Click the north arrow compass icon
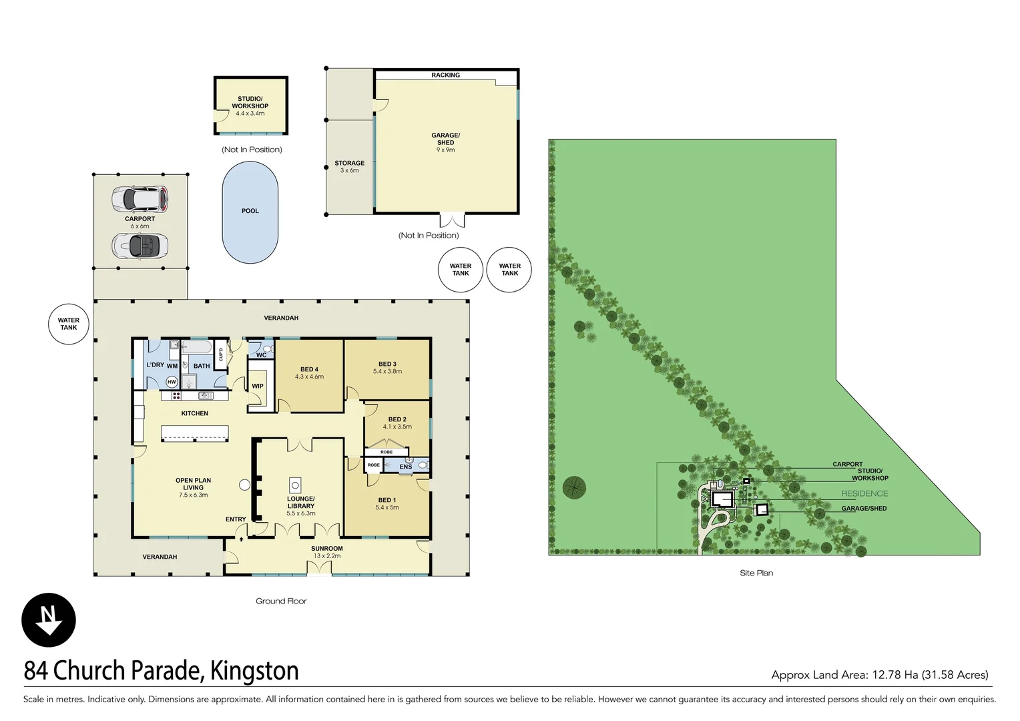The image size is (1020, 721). coord(49,620)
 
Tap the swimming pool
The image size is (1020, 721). coord(250,212)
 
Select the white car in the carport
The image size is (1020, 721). coord(140,198)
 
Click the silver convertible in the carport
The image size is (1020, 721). coord(140,246)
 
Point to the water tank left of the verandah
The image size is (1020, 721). coord(69,324)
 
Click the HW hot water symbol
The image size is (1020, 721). coord(172,382)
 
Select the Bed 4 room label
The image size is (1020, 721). coord(309,369)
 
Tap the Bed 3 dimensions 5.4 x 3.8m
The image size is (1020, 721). coord(387,372)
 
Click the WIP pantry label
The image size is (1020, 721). coord(258,386)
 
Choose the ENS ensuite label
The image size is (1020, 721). coord(406,467)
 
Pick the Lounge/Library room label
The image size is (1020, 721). coord(300,502)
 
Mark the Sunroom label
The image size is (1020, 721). coord(327,549)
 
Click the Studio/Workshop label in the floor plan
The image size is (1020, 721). coord(250,102)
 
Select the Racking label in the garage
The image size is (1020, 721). coord(445,75)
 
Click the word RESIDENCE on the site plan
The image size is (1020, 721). coord(864,494)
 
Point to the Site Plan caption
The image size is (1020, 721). coord(756,573)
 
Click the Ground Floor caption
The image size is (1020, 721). coord(281,601)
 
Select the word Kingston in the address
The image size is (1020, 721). coord(254,671)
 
